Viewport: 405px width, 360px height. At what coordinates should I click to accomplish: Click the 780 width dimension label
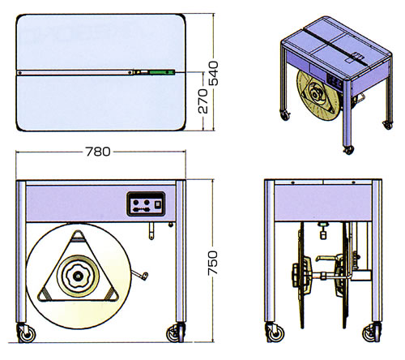tap(98, 152)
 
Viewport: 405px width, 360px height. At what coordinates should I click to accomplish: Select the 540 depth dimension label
tap(214, 74)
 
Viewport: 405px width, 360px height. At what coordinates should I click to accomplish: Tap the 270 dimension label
tap(203, 101)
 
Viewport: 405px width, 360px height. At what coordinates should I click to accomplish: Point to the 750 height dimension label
tap(213, 263)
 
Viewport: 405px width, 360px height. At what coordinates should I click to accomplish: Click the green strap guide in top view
tap(162, 72)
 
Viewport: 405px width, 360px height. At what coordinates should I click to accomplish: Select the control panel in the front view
tap(146, 204)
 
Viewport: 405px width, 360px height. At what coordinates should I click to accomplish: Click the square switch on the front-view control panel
tap(158, 204)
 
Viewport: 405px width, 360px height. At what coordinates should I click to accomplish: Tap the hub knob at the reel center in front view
tap(78, 276)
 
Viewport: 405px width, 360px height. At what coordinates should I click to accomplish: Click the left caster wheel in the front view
tap(27, 334)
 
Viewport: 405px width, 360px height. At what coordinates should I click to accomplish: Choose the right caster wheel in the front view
tap(176, 334)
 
